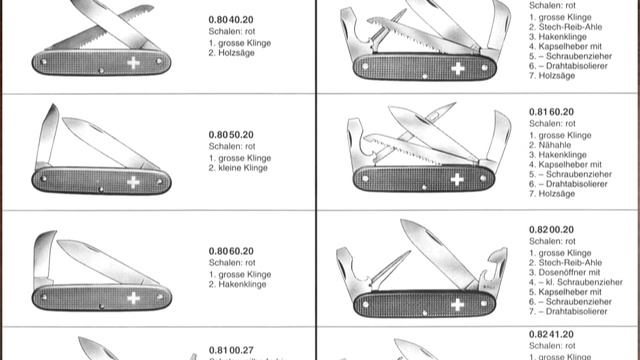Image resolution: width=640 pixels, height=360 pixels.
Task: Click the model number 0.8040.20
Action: coord(232,20)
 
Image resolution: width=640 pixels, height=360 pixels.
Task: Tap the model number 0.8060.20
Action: coord(232,248)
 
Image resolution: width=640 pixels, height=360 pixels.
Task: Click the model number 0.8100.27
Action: coord(232,350)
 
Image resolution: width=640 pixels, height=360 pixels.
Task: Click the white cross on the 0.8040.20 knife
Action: coord(132,63)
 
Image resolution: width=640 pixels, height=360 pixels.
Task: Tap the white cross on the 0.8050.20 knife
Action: coord(133,181)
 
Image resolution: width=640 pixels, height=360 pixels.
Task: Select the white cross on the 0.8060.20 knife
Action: coord(132,298)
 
